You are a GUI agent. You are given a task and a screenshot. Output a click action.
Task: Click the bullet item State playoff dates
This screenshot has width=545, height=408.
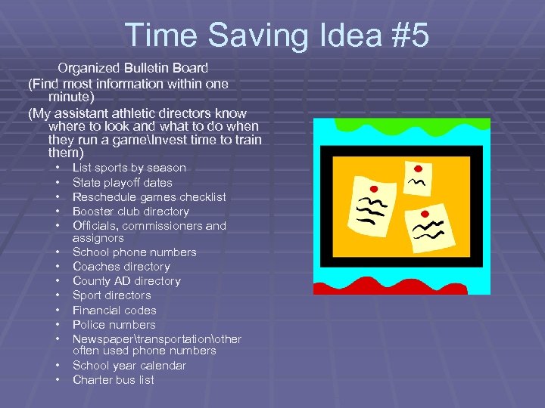(x=122, y=182)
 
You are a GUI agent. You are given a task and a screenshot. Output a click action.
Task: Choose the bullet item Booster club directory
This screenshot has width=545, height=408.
(x=130, y=211)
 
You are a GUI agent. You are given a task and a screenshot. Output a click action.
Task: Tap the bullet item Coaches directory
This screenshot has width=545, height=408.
(x=121, y=266)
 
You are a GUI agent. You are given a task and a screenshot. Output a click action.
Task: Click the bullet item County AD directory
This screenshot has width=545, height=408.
(x=126, y=280)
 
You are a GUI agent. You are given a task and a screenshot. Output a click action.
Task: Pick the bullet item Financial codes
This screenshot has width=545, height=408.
(x=114, y=310)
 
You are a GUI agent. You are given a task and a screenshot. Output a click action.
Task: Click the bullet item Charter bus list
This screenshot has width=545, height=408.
(x=113, y=379)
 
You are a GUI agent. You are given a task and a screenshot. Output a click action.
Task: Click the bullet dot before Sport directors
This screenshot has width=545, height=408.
(x=58, y=295)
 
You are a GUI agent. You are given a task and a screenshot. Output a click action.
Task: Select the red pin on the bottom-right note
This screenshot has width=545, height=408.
(x=423, y=215)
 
